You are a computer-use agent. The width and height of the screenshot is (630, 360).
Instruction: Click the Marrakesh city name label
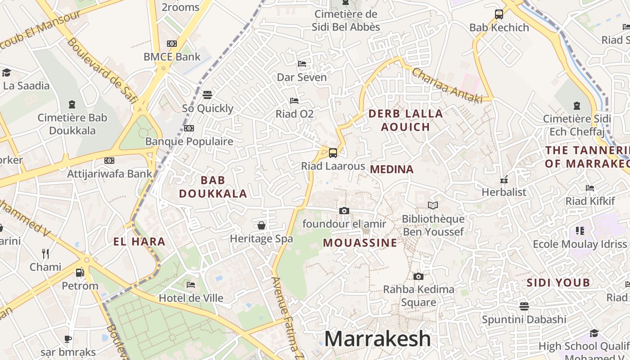377,339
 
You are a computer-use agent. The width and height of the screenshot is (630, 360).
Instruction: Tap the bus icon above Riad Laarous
333,153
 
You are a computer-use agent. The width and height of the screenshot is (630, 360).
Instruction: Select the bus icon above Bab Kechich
499,14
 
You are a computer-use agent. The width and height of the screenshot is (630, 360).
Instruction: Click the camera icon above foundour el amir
344,211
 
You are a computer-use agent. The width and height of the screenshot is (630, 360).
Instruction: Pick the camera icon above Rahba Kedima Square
418,276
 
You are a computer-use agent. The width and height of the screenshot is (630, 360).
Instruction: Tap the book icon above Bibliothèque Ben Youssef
433,206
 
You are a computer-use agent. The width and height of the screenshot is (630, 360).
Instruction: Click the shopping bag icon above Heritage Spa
261,225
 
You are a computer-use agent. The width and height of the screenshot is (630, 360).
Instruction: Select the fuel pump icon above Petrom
80,272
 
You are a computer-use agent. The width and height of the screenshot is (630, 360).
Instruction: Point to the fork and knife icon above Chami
45,254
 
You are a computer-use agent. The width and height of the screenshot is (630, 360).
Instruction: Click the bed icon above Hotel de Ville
191,285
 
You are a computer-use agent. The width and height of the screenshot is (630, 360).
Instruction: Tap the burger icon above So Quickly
207,95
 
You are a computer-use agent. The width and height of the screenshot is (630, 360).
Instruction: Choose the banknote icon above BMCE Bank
172,44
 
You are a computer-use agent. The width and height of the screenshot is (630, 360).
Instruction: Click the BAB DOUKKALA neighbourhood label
213,187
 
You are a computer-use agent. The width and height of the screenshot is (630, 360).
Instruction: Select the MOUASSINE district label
360,243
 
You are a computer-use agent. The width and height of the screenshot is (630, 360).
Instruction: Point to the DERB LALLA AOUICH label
405,120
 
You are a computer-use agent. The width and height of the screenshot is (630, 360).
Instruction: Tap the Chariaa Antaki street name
446,85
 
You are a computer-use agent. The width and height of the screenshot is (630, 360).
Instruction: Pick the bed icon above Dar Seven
302,64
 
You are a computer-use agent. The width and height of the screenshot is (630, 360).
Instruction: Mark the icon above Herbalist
504,180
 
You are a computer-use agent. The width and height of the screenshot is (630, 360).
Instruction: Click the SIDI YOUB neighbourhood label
558,283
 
